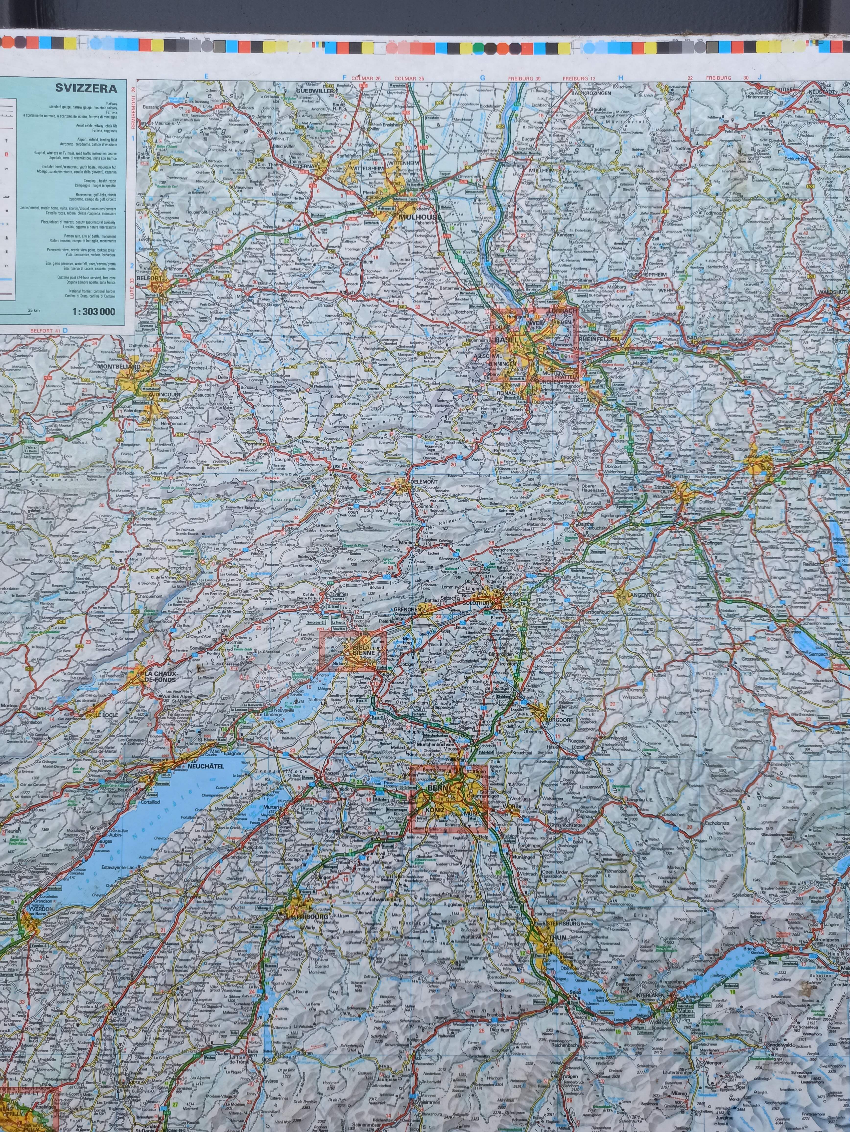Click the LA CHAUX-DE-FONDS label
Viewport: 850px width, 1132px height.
click(x=160, y=677)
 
